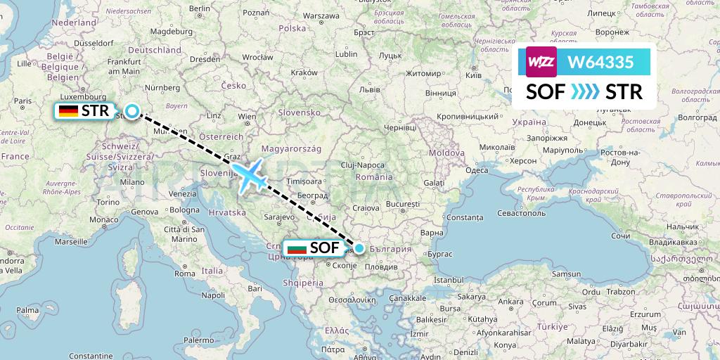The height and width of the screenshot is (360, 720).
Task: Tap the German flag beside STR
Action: (68, 110)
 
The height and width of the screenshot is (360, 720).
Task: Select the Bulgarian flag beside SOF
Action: (295, 247)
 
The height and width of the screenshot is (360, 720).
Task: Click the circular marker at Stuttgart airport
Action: (132, 110)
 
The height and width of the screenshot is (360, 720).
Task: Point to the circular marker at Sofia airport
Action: (359, 247)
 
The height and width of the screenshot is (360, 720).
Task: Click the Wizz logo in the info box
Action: (541, 62)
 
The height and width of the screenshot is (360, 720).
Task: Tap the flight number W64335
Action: (600, 62)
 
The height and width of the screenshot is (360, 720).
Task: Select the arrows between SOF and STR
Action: (585, 92)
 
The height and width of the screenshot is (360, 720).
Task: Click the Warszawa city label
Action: (321, 15)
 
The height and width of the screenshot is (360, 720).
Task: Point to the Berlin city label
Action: (200, 8)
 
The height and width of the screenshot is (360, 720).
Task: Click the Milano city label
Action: (131, 182)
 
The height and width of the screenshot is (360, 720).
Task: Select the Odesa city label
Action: (477, 170)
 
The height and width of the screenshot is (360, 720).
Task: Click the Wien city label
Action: (247, 116)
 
